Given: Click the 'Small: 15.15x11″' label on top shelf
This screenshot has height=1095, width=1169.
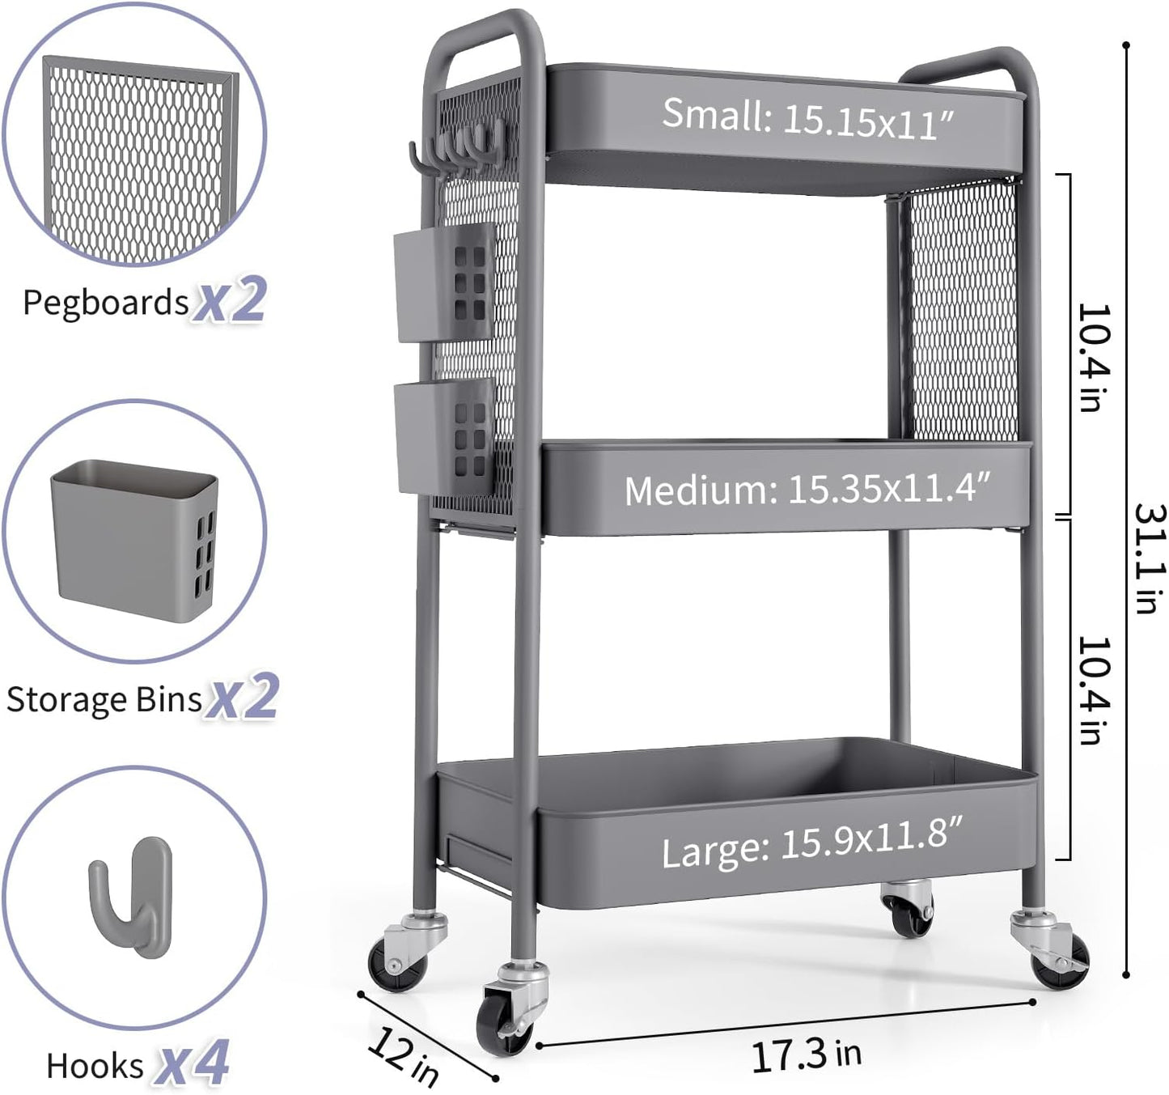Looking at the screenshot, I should click(x=808, y=118).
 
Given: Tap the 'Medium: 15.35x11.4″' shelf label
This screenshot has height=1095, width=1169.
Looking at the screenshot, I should click(x=807, y=489).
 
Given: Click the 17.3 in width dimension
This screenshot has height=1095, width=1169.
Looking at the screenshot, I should click(x=807, y=1055).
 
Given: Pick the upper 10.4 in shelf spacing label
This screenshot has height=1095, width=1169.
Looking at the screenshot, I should click(x=1092, y=357).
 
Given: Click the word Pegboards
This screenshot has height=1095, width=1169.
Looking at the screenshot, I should click(x=105, y=303).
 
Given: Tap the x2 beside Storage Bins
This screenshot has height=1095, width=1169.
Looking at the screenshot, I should click(x=241, y=697).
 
